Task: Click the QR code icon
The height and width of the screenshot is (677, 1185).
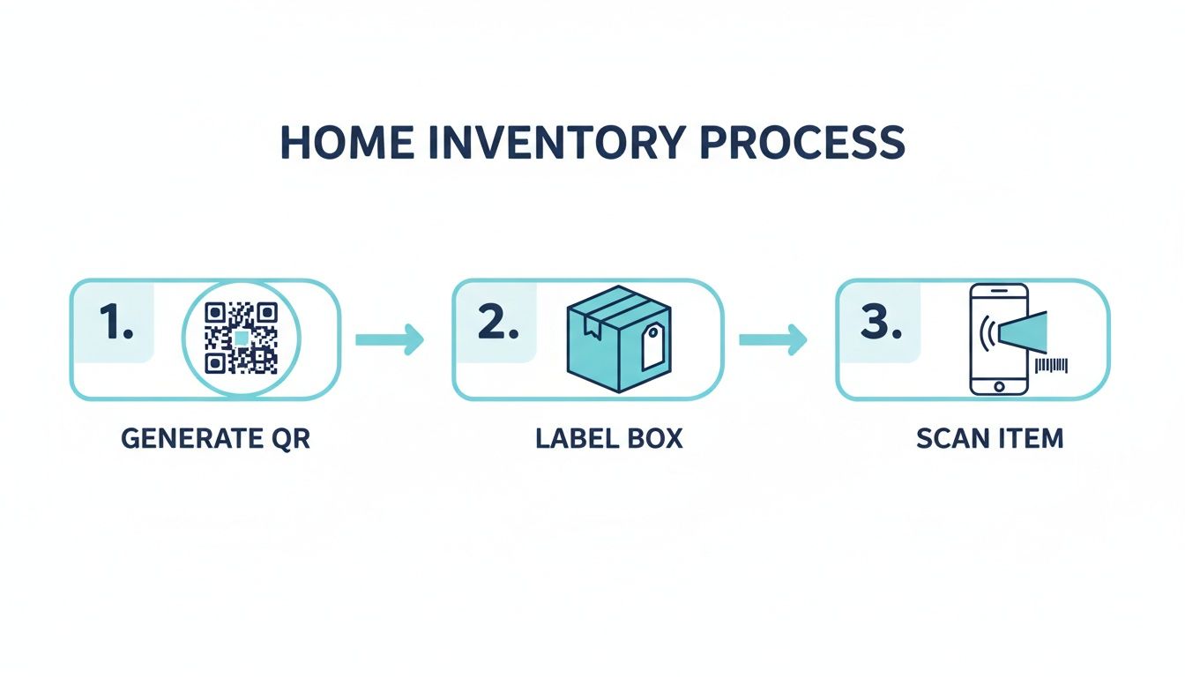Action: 242,338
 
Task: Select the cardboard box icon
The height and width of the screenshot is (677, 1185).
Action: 617,339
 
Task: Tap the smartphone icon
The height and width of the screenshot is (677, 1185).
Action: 998,338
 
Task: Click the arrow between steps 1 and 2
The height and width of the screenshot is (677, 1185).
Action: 390,339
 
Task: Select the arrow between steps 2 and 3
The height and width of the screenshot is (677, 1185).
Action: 772,339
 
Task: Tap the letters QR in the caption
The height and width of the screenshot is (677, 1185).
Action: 292,438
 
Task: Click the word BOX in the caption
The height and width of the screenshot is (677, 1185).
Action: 653,438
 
